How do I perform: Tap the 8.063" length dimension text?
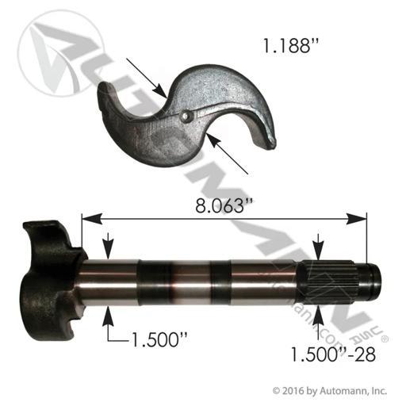click(x=224, y=205)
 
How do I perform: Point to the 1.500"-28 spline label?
click(x=333, y=354)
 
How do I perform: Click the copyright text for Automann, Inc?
click(x=330, y=390)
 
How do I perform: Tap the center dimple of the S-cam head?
click(x=186, y=115)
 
